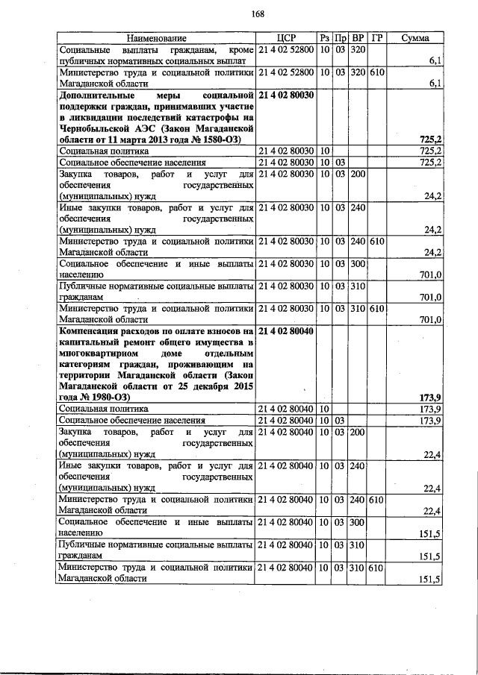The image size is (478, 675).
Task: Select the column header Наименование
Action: pyautogui.click(x=156, y=38)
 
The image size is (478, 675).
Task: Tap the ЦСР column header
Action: pyautogui.click(x=286, y=38)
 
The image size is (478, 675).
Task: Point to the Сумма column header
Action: pyautogui.click(x=415, y=38)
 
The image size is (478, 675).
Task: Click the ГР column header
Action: pyautogui.click(x=377, y=38)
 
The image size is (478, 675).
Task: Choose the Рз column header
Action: pyautogui.click(x=325, y=38)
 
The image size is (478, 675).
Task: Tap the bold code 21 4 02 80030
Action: pyautogui.click(x=286, y=95)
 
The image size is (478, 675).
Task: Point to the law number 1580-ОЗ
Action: pyautogui.click(x=216, y=139)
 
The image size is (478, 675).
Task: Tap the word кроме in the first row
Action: pyautogui.click(x=239, y=49)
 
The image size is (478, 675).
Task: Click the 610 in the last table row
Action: pyautogui.click(x=376, y=568)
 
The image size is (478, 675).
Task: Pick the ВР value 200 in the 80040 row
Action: pyautogui.click(x=358, y=432)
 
